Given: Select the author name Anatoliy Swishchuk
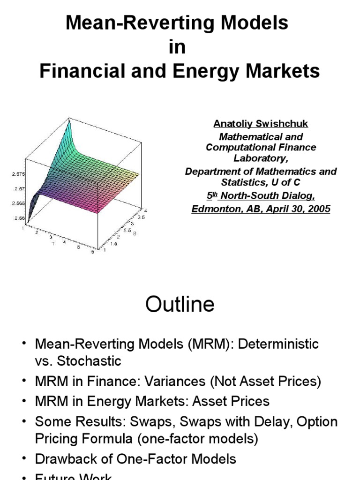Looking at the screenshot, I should (x=261, y=124).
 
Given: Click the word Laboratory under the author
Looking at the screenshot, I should (x=261, y=158).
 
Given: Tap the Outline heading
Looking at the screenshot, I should (x=180, y=304).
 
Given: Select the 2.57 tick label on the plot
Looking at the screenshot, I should (x=19, y=188).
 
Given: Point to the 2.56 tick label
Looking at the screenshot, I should (x=19, y=218).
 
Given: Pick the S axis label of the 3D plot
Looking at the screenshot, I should (x=134, y=233).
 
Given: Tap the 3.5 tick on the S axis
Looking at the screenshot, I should (x=142, y=217).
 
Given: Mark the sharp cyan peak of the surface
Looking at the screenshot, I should (x=69, y=120).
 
